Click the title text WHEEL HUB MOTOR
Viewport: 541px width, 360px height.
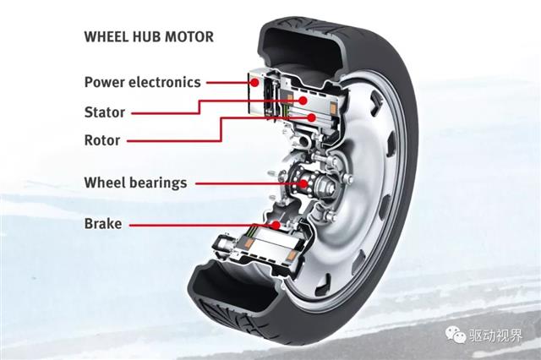point(148,36)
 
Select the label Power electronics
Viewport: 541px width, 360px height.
point(142,82)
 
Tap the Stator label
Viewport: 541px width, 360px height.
point(105,112)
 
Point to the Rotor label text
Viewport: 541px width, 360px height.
point(102,140)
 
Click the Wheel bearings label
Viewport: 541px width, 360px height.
point(135,182)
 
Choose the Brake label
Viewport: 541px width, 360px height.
point(103,224)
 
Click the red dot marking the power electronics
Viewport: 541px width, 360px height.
point(254,83)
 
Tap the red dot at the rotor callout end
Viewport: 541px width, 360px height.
point(312,117)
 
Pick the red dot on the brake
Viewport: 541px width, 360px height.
point(275,225)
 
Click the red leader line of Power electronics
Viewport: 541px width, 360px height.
point(228,83)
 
